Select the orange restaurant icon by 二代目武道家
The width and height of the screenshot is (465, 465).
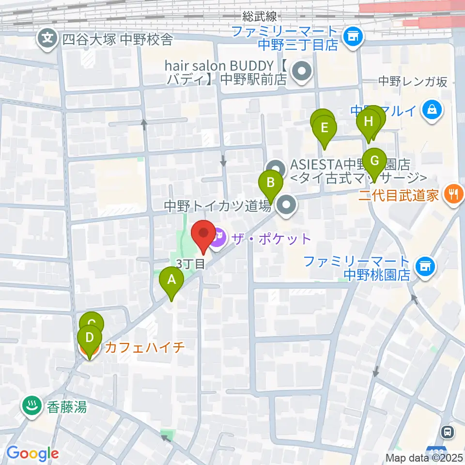454,195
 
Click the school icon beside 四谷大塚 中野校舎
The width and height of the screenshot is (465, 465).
47,38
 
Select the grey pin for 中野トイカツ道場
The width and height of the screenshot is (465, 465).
287,206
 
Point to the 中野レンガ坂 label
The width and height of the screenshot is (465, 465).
413,81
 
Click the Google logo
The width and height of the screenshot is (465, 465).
32,453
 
